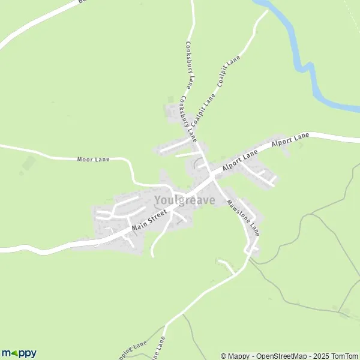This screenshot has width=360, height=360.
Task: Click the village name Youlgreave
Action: pos(185,200)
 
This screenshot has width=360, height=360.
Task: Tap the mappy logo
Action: pos(19,353)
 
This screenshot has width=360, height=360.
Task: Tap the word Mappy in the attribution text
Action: pos(238,356)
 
